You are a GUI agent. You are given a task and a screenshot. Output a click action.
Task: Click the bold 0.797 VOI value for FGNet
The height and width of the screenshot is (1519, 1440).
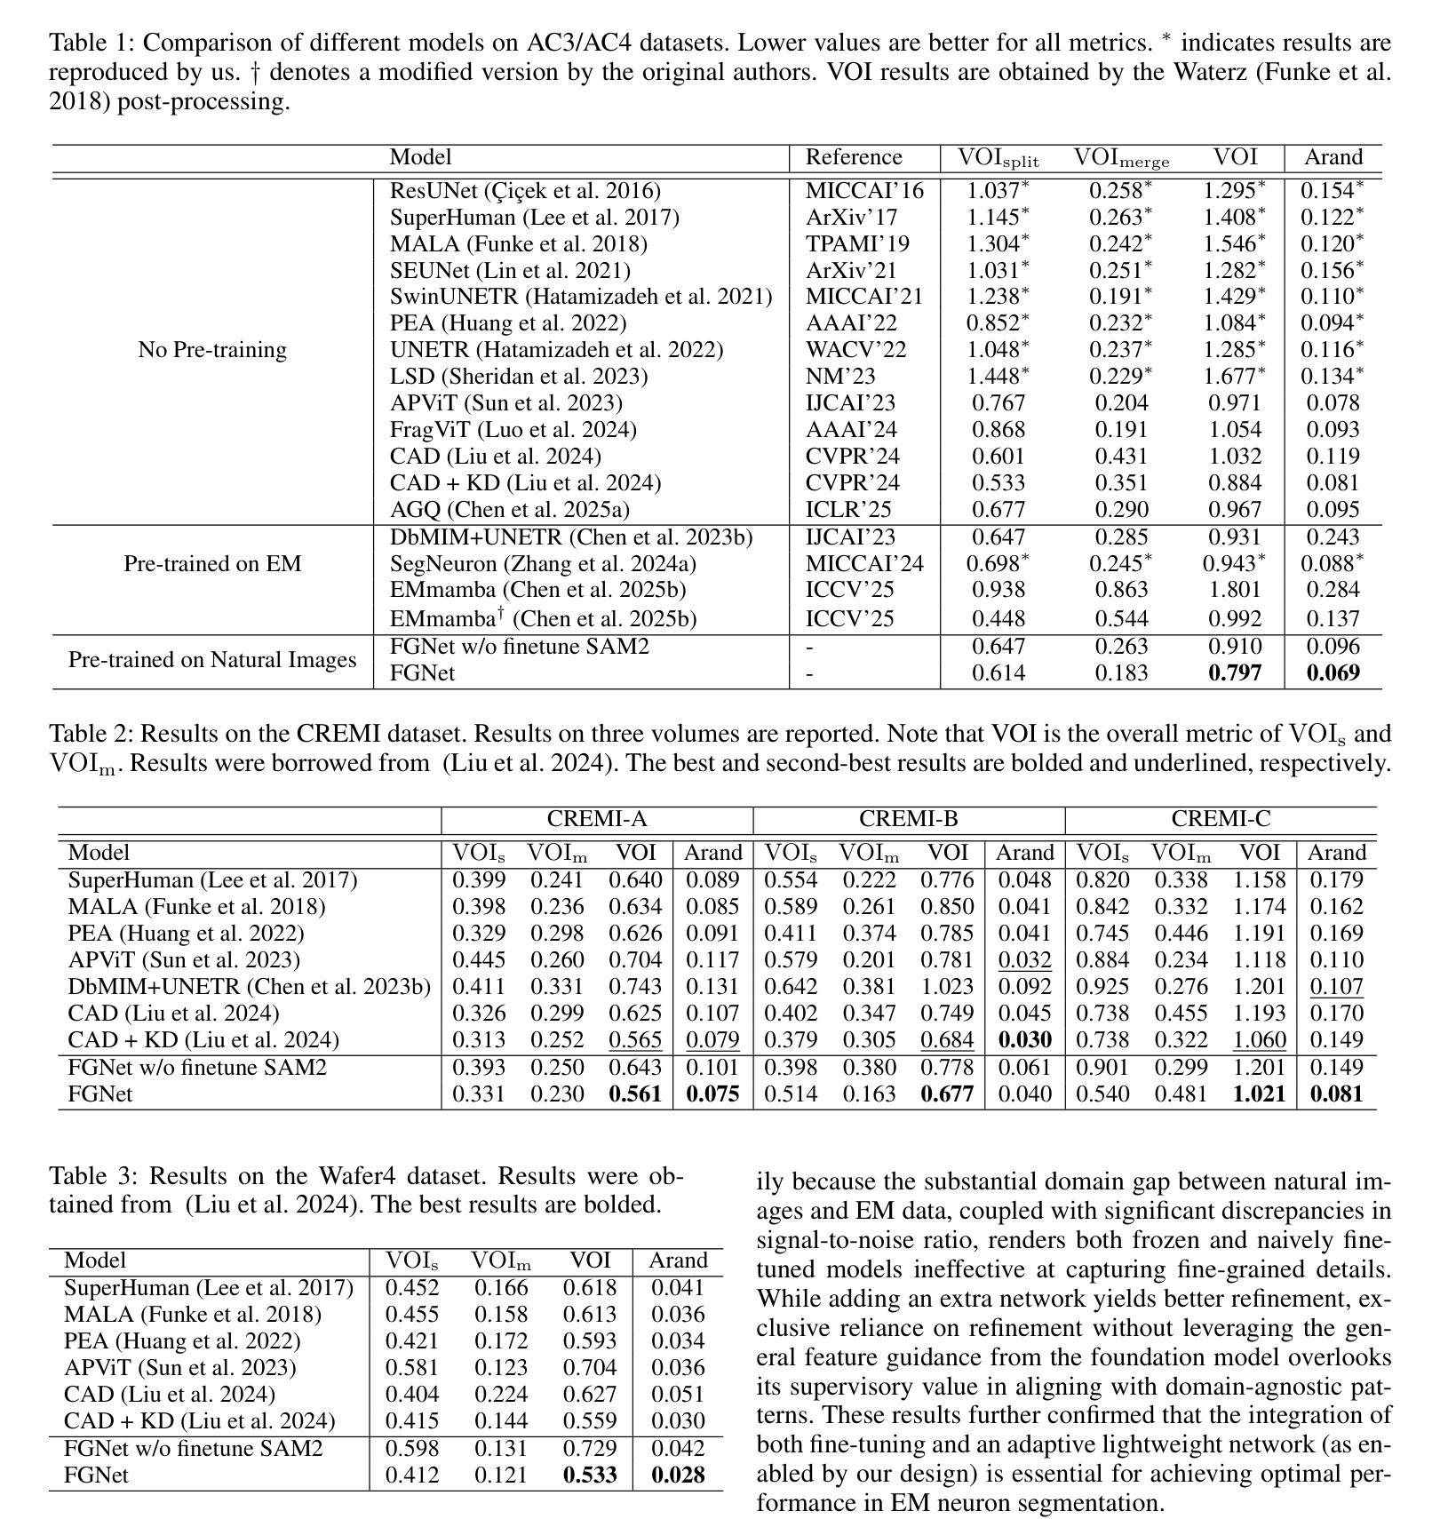pos(1235,673)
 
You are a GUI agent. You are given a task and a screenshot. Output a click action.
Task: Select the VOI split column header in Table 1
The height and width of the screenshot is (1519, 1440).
pos(998,159)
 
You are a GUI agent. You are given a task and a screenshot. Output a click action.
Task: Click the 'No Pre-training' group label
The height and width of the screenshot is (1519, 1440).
pos(212,350)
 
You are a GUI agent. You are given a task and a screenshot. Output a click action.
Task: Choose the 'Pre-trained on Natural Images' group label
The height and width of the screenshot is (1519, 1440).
pos(212,660)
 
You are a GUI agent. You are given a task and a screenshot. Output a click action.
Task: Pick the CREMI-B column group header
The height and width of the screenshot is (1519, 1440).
pos(908,819)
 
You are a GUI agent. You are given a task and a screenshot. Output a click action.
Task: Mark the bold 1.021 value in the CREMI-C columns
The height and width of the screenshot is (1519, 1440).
pos(1259,1094)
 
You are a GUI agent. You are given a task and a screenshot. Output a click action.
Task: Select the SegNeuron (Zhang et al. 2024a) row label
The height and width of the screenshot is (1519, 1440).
pos(543,564)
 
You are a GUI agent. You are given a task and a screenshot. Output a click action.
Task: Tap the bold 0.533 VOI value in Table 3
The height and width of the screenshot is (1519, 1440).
pos(590,1475)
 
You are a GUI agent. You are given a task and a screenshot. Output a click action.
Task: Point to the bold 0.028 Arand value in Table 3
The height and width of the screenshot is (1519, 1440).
pos(678,1475)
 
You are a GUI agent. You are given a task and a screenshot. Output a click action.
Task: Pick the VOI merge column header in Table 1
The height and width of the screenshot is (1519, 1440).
pos(1121,159)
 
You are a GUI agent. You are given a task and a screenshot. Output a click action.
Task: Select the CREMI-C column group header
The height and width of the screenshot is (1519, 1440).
pos(1220,819)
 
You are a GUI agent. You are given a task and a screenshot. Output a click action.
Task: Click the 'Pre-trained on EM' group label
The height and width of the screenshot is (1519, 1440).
pos(212,564)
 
